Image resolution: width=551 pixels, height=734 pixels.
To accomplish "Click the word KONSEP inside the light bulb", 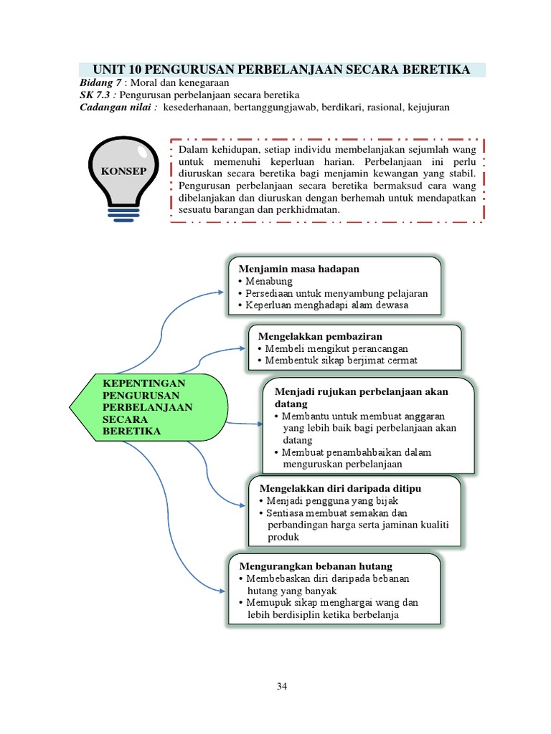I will click(124, 172).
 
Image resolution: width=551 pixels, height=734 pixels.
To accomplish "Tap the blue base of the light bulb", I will click(124, 211).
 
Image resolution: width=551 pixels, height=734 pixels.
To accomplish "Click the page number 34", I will click(282, 687).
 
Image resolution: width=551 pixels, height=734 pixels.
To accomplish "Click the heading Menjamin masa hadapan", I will click(298, 268).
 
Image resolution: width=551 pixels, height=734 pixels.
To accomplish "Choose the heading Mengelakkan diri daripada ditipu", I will click(339, 488).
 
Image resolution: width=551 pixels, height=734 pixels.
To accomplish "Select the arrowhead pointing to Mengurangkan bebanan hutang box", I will click(220, 591).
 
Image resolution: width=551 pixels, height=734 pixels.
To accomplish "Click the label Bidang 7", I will click(100, 83).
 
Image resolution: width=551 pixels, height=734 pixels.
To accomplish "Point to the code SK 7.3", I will click(95, 95).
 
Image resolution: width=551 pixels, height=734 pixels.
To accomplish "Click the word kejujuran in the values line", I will click(428, 108).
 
